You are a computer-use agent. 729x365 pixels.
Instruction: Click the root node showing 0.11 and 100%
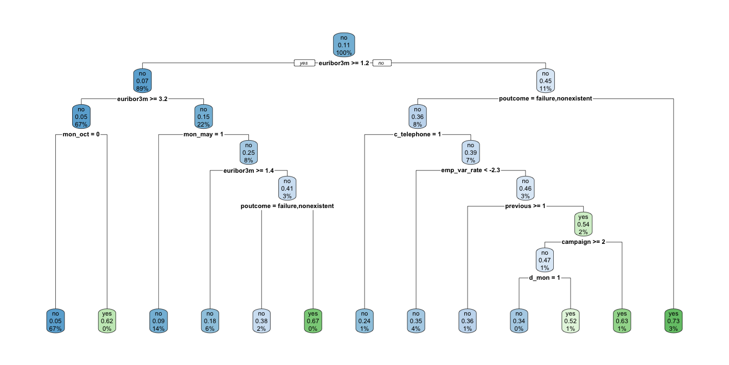pos(344,45)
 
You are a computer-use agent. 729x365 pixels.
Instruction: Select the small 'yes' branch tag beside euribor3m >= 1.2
pos(304,63)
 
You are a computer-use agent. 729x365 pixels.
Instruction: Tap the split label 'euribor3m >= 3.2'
pos(142,99)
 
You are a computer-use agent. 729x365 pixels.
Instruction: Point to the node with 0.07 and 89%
pos(143,81)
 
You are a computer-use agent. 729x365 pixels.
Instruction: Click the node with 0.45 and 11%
pos(546,81)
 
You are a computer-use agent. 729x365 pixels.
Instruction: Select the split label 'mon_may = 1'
pos(204,134)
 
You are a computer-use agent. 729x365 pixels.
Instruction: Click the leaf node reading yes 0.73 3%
pos(673,320)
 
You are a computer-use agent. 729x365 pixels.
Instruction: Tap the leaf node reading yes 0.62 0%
pos(107,320)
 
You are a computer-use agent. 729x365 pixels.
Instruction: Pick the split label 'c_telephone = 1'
pos(417,134)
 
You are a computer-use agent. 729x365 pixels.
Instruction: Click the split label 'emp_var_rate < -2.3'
pos(470,170)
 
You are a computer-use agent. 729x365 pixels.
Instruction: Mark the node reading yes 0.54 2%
pos(583,224)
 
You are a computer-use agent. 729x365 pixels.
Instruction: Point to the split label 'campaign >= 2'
pos(583,242)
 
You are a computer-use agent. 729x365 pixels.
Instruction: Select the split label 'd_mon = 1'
pos(545,278)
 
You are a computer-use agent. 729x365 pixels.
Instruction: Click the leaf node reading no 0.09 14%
pos(158,320)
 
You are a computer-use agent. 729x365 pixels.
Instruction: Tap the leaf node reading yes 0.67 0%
pos(313,320)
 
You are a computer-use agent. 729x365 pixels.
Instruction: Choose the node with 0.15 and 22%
pos(203,116)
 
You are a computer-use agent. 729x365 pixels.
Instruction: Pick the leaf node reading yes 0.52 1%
pos(570,320)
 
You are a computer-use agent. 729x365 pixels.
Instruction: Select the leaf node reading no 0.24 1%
pos(364,320)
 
